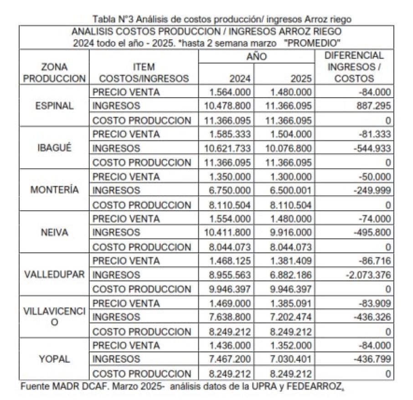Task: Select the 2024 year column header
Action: point(240,78)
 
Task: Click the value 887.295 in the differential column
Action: point(375,106)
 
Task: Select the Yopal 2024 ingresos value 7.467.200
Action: point(230,359)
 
